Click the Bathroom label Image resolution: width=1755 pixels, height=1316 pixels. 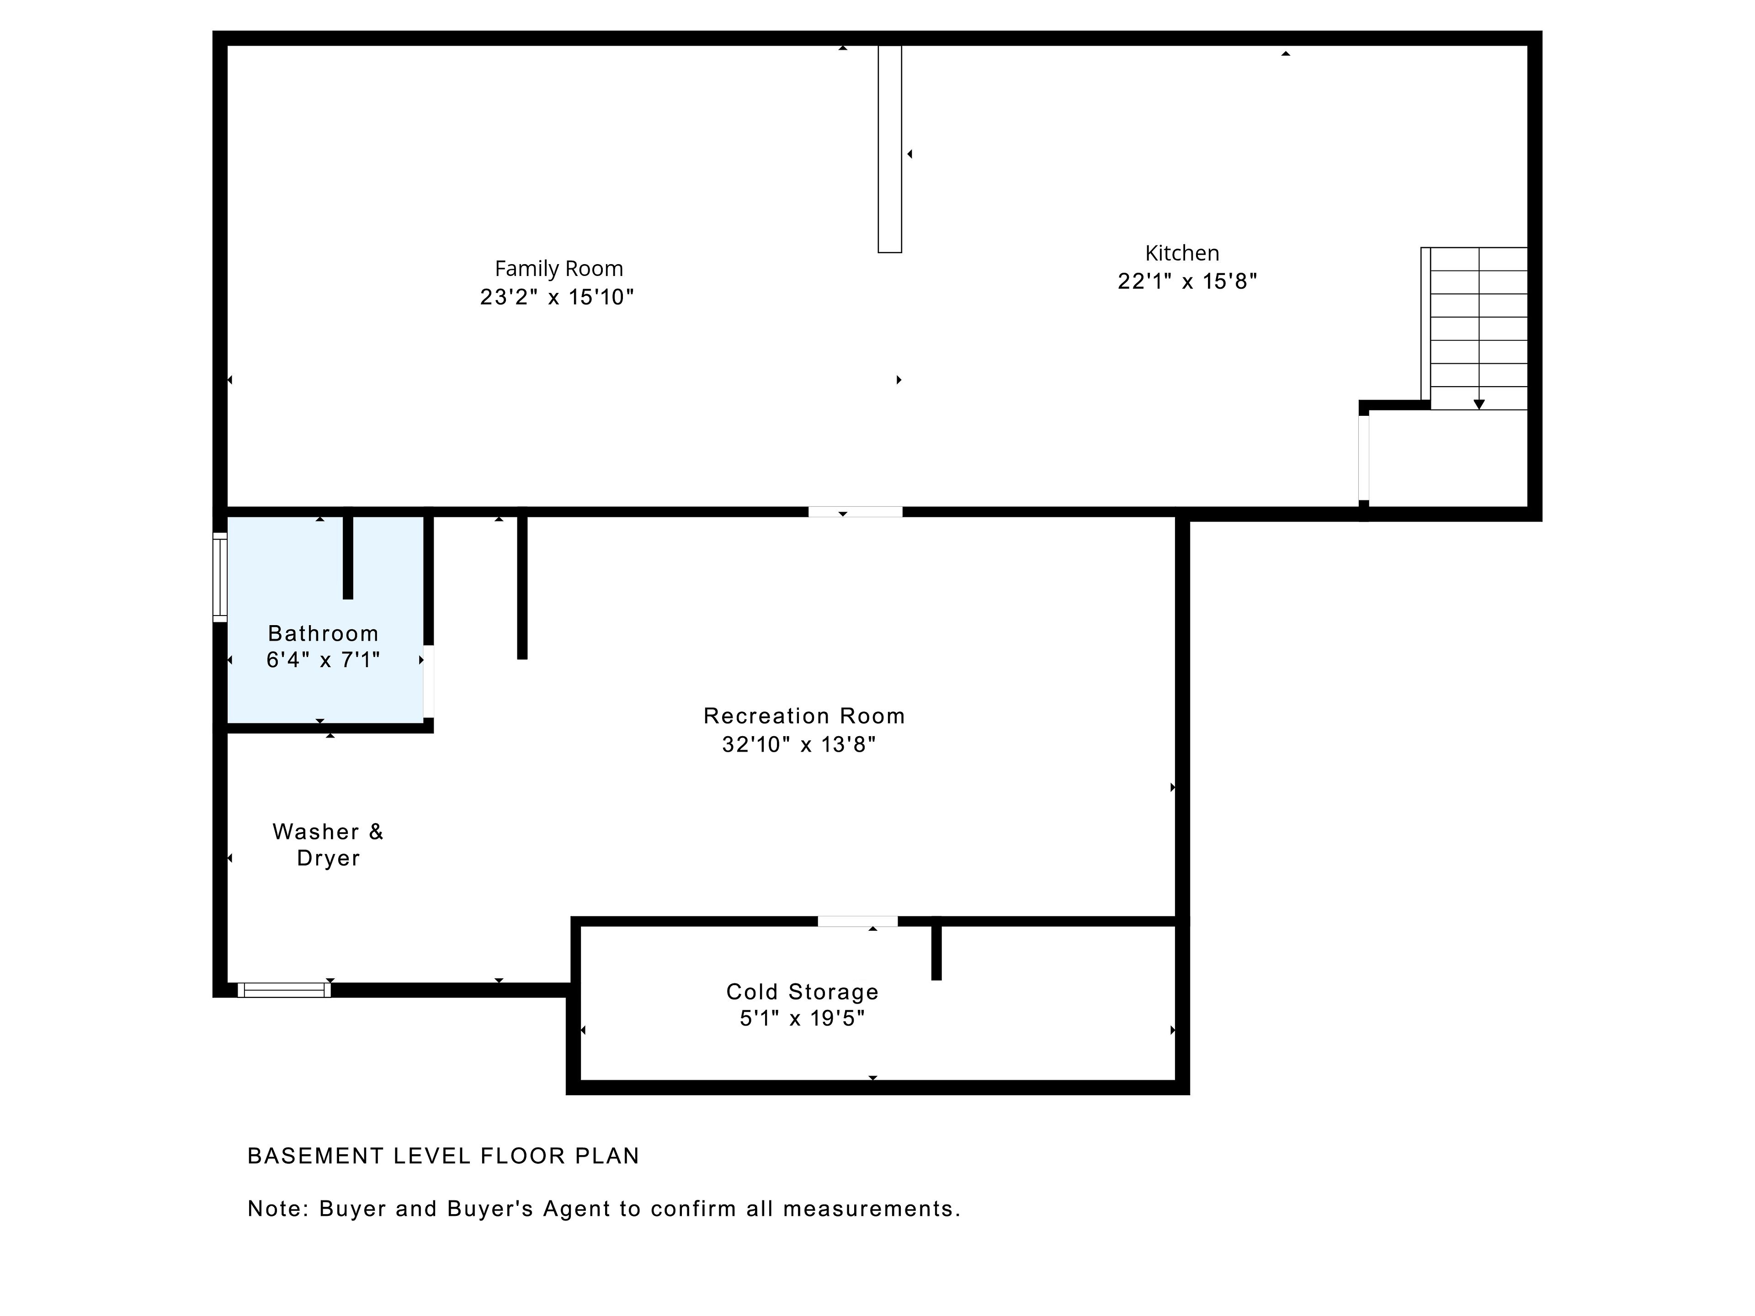[323, 633]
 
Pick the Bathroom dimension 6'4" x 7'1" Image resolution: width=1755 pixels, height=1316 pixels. [323, 660]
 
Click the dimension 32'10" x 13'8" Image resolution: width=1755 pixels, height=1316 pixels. [799, 744]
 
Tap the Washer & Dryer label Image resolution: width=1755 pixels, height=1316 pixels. [328, 845]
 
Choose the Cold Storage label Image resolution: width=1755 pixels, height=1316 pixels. [802, 992]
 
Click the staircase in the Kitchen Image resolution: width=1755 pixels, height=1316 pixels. [1474, 329]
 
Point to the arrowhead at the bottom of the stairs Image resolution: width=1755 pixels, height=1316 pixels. [1479, 404]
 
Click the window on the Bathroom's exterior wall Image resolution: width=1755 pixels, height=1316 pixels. [220, 577]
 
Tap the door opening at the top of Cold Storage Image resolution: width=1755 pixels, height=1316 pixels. [858, 921]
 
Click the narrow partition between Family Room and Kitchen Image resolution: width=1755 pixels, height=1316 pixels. [889, 149]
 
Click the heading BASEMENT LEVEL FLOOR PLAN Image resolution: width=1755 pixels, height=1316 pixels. [443, 1156]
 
